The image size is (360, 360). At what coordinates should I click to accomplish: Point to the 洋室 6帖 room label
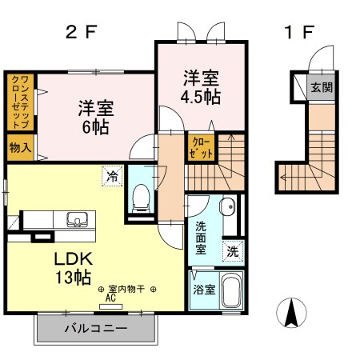[x=95, y=117]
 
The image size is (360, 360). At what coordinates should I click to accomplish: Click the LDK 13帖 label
[x=74, y=267]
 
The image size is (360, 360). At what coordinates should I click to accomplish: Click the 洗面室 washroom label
[x=200, y=238]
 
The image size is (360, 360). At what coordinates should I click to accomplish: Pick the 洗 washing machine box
[x=231, y=250]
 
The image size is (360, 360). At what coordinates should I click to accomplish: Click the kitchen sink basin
[x=78, y=219]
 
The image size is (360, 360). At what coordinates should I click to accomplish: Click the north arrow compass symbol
[x=292, y=311]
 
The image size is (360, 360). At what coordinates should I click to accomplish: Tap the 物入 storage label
[x=20, y=146]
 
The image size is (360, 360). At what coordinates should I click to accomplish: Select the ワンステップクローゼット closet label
[x=19, y=101]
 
